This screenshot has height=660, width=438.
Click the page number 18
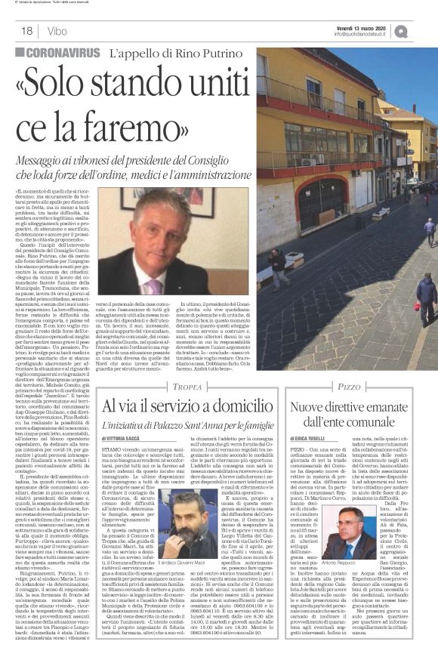tap(26, 32)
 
